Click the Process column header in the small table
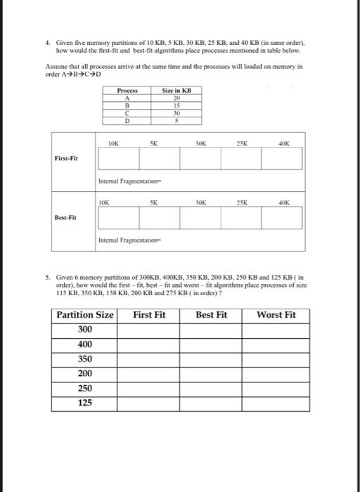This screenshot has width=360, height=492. point(127,91)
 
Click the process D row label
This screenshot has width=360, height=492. point(127,120)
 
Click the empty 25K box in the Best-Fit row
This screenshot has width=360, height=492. point(241,218)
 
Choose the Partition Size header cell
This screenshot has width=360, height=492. point(85,315)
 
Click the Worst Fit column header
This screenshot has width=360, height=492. point(276,315)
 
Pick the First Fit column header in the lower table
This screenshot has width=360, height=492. point(149,315)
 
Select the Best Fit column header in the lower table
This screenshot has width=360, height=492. point(211,315)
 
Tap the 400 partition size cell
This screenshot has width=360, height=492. point(85,344)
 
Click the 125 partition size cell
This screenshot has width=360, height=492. point(85,403)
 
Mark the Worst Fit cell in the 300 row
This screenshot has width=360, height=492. point(276,330)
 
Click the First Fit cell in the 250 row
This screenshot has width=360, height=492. point(149,389)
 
